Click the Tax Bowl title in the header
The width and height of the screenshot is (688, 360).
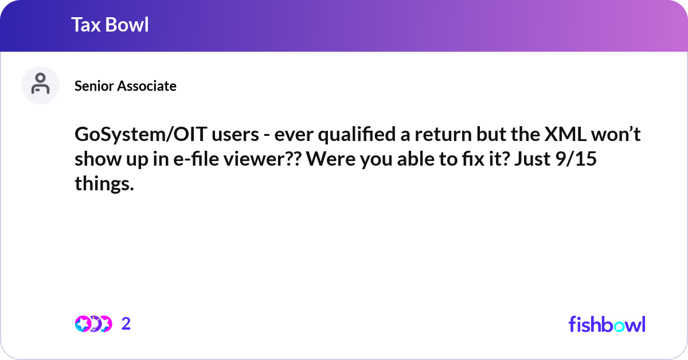click(110, 25)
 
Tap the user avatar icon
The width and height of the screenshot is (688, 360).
click(40, 85)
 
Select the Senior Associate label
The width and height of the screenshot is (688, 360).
click(126, 86)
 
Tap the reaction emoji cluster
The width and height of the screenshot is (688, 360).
click(93, 324)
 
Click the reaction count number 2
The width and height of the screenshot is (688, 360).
click(126, 324)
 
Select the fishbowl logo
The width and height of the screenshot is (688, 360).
click(607, 324)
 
